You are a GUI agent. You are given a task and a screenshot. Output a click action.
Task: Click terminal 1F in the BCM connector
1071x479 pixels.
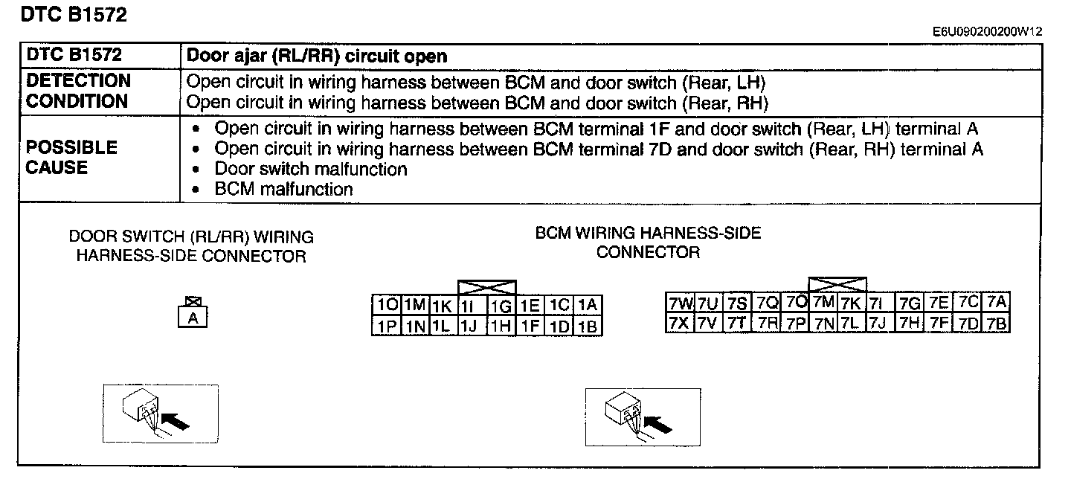pyautogui.click(x=530, y=326)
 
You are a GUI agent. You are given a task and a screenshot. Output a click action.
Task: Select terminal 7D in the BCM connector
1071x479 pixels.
pyautogui.click(x=968, y=324)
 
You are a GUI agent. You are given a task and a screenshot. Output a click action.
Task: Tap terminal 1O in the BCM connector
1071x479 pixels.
pyautogui.click(x=387, y=305)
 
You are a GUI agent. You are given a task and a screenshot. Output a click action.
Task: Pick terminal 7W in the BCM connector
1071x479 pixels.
pyautogui.click(x=680, y=303)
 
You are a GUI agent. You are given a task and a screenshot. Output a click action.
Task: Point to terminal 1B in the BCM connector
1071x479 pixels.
pyautogui.click(x=588, y=326)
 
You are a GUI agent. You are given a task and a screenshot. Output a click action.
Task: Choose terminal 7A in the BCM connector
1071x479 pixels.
pyautogui.click(x=997, y=302)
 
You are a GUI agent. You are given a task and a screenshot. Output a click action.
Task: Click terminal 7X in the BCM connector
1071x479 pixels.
pyautogui.click(x=680, y=323)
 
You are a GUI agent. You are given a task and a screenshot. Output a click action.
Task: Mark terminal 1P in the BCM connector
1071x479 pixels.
pyautogui.click(x=387, y=326)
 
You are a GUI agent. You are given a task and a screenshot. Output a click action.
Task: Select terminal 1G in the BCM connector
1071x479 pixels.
pyautogui.click(x=501, y=306)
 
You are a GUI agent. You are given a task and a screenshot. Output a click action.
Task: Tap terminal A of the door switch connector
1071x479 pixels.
pyautogui.click(x=193, y=318)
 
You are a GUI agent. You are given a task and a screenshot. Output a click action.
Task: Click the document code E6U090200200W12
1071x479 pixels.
pyautogui.click(x=988, y=31)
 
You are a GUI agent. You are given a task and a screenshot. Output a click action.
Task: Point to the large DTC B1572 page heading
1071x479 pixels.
pyautogui.click(x=74, y=14)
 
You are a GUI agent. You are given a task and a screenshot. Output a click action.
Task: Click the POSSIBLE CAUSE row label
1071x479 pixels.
pyautogui.click(x=71, y=157)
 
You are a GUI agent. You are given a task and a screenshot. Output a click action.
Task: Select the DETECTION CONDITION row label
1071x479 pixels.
pyautogui.click(x=78, y=91)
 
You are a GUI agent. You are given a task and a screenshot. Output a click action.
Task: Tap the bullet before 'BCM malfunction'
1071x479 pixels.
pyautogui.click(x=195, y=190)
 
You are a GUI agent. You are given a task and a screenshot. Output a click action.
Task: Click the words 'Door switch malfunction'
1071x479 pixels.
pyautogui.click(x=311, y=169)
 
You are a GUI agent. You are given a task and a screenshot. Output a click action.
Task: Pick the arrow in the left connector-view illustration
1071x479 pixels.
pyautogui.click(x=175, y=421)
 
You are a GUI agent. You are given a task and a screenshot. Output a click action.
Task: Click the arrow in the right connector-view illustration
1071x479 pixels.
pyautogui.click(x=657, y=424)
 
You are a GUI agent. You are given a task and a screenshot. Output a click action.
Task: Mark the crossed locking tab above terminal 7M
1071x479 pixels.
pyautogui.click(x=837, y=284)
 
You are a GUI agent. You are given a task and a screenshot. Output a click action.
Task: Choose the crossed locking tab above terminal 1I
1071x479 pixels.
pyautogui.click(x=487, y=288)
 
